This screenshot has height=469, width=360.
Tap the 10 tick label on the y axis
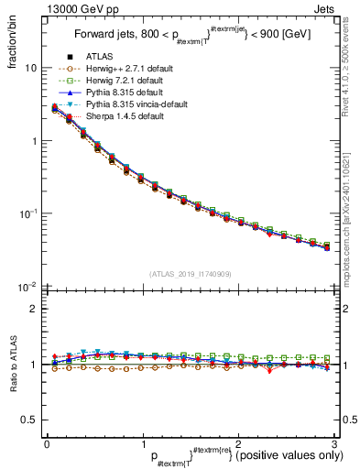(31, 69)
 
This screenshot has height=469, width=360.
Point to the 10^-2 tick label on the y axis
(28, 286)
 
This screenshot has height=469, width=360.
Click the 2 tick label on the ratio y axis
(34, 309)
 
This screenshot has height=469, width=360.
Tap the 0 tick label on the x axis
(47, 443)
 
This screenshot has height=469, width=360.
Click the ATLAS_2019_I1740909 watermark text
(190, 274)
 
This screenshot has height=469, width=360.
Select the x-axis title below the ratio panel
(220, 455)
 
